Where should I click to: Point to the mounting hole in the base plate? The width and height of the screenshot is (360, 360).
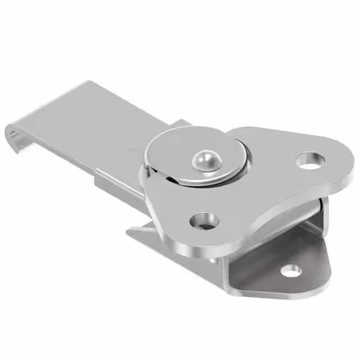click(291, 271)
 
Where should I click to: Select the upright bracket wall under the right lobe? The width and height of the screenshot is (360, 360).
click(318, 214)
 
